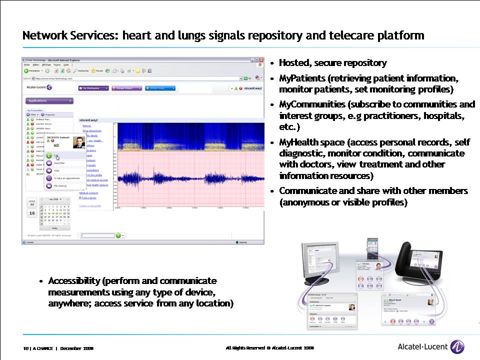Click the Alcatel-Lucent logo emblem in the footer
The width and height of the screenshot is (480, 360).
[457, 346]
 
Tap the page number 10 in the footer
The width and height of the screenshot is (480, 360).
[25, 348]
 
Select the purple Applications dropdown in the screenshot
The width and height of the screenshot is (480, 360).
[49, 100]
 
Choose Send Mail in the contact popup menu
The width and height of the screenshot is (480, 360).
[59, 163]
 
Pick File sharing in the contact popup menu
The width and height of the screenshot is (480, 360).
[60, 185]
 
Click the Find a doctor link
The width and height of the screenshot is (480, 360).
[90, 197]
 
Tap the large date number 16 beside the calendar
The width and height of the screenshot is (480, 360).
[32, 213]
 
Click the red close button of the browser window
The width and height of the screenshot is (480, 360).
[261, 60]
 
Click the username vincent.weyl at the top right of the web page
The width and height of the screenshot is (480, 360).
[251, 88]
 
